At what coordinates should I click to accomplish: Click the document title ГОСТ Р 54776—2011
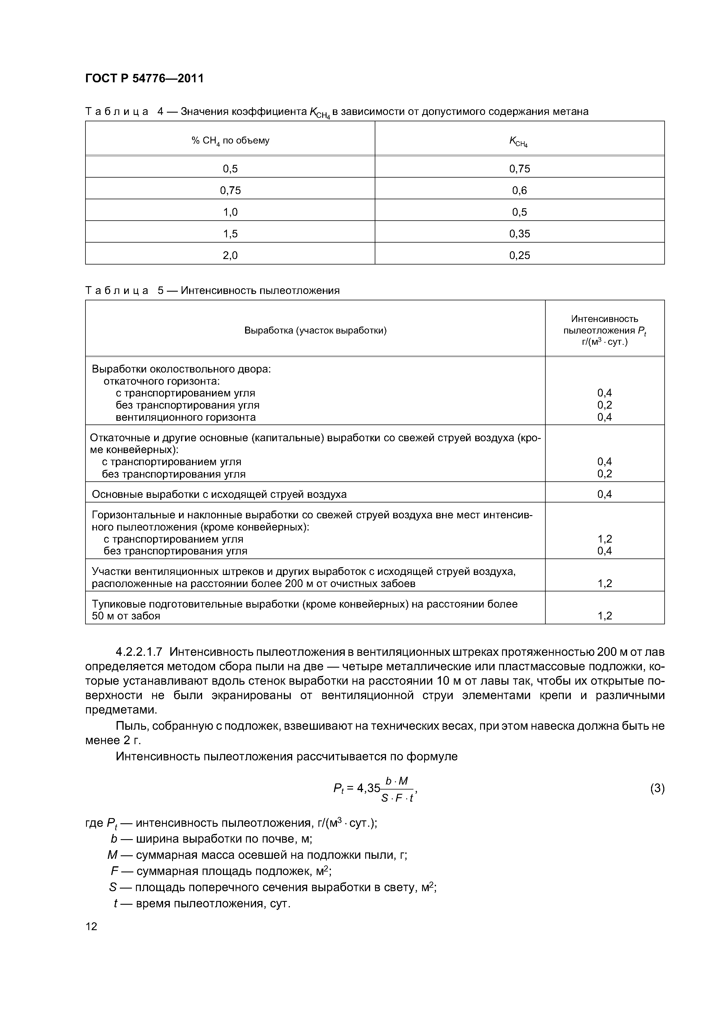coord(144,79)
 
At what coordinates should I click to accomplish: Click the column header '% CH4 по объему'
coord(230,141)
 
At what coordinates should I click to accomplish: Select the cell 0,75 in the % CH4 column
coord(230,190)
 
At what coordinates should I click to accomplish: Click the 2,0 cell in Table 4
coord(230,255)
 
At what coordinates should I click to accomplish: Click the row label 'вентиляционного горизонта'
coord(185,417)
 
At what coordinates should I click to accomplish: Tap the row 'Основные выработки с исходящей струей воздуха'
coord(219,494)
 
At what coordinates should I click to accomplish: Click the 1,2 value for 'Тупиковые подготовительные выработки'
coord(604,615)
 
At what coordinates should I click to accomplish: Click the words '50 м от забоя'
coord(126,615)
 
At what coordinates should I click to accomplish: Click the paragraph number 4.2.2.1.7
coord(139,651)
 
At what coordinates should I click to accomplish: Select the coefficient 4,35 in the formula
coord(368,787)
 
